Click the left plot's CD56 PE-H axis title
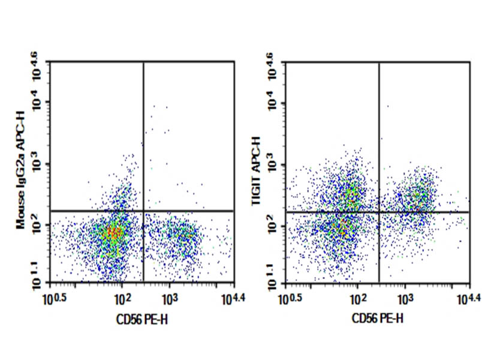point(142,318)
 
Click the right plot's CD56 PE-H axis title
point(378,318)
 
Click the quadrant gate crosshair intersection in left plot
point(144,211)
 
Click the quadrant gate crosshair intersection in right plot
point(379,212)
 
